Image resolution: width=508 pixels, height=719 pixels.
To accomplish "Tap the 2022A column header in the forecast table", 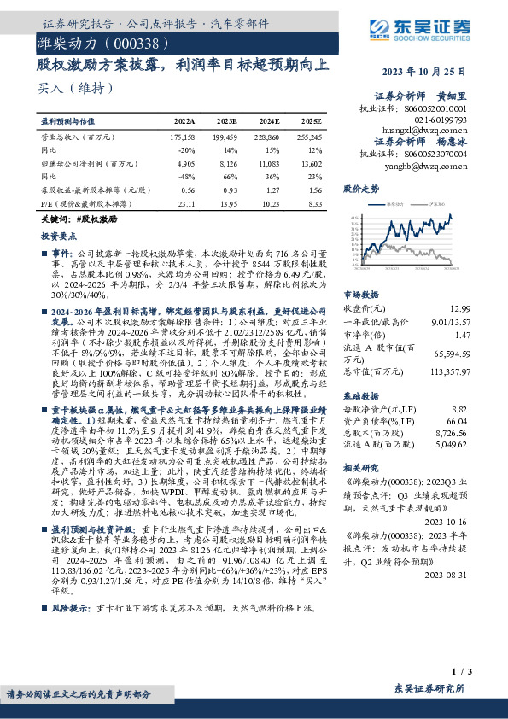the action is tap(184, 123).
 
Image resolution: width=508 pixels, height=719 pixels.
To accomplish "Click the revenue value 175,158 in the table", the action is tap(184, 137).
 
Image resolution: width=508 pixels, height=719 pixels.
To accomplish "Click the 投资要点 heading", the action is tap(56, 233).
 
